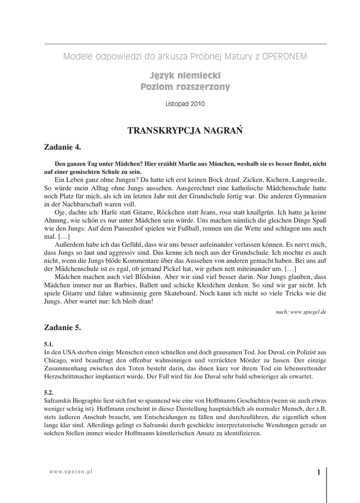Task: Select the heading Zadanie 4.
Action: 62,146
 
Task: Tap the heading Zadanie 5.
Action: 62,327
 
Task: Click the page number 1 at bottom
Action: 318,473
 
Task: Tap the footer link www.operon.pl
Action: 71,471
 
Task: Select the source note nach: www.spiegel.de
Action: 301,312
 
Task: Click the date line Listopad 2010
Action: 185,104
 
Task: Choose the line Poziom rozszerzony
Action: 185,87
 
